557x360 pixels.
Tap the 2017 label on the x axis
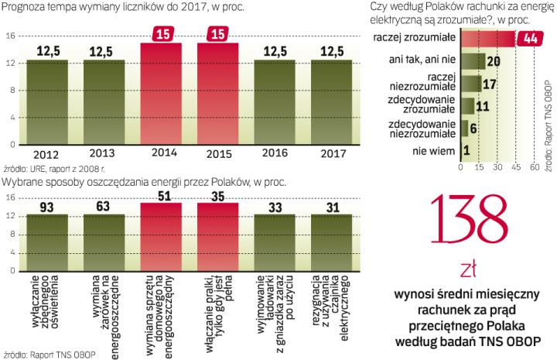click(333, 153)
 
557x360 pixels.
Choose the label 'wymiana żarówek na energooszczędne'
click(104, 297)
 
